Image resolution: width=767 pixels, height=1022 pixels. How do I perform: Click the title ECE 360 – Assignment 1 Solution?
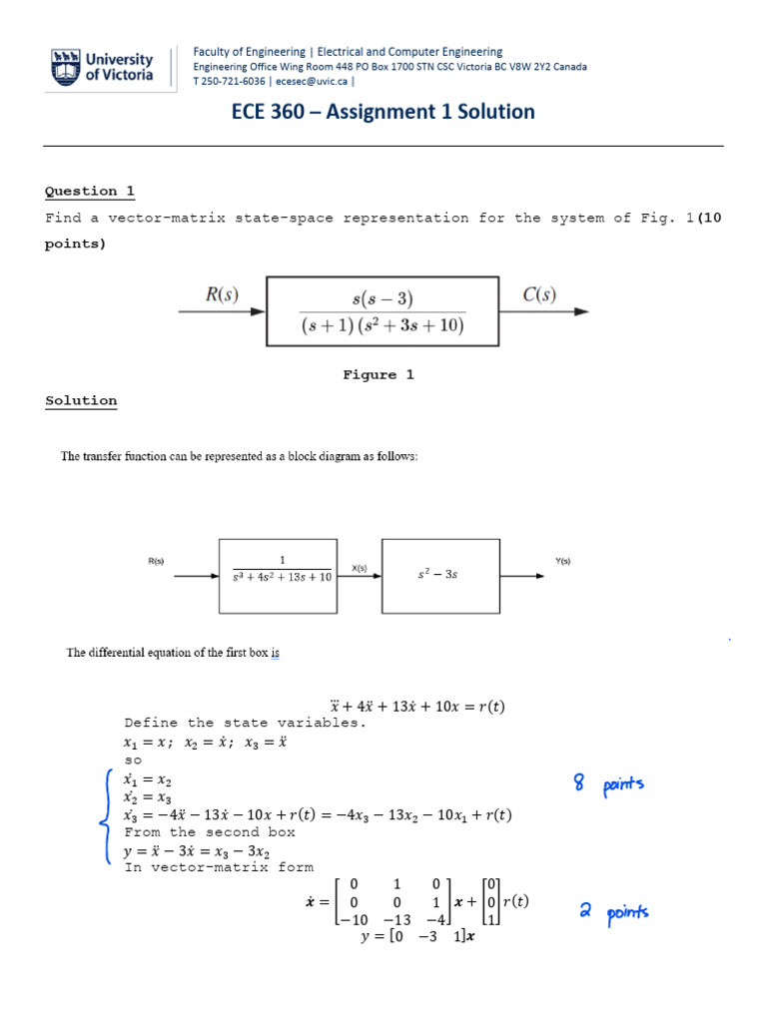tap(383, 112)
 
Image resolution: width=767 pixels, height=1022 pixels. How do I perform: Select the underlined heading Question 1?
tap(90, 192)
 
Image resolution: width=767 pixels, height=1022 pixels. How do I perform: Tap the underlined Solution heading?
tap(81, 401)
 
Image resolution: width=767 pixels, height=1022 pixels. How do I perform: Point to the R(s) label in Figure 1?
tap(222, 293)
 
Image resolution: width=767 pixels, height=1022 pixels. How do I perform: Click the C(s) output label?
tap(540, 293)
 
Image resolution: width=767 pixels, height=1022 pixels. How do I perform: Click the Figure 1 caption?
tap(379, 375)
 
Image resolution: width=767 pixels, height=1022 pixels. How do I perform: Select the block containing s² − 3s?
tap(440, 575)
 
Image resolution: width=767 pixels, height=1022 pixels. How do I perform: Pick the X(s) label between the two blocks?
tap(359, 568)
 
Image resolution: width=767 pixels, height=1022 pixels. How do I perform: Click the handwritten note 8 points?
tap(609, 785)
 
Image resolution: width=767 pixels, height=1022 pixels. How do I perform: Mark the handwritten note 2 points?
tap(613, 911)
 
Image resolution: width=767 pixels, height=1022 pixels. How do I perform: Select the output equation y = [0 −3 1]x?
tap(417, 937)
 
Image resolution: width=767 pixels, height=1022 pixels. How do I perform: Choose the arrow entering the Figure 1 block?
tap(222, 311)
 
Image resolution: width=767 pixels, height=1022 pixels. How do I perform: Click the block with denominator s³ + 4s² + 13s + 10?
tap(277, 575)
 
